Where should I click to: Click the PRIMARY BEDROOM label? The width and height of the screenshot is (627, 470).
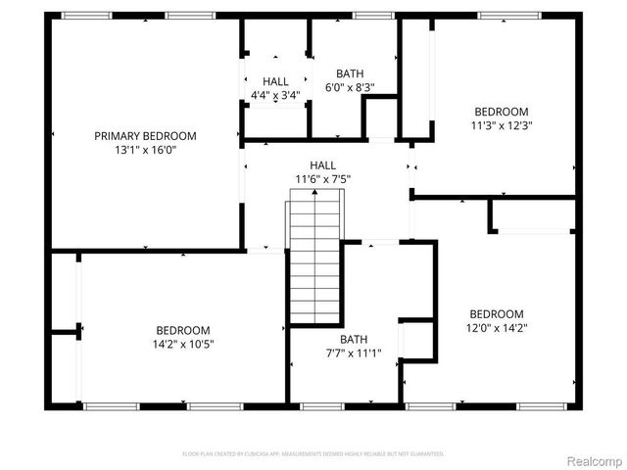pos(144,136)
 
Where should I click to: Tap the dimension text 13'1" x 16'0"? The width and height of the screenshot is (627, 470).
pos(144,150)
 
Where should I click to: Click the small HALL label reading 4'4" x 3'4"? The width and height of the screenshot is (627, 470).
pos(275,81)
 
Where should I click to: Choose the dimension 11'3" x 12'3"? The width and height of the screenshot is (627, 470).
pos(501,125)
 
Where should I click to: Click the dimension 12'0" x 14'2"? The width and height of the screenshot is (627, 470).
pos(495,328)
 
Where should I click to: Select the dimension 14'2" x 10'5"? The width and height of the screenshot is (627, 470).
pos(183,344)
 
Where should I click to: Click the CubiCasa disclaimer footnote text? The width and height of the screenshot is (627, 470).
pos(313,454)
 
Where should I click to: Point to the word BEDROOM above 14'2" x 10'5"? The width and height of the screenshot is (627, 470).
pos(183,330)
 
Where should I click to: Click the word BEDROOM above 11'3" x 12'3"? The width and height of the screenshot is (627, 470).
pos(501,112)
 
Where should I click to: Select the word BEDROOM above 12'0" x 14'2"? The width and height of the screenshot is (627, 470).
pos(495,314)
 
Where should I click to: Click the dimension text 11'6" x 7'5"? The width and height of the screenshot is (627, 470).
pos(322,179)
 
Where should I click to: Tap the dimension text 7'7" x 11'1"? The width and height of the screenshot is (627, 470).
pos(354,353)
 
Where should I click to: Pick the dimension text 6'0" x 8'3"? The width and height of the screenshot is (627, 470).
pos(350,87)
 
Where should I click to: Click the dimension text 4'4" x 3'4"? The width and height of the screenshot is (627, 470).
pos(275,95)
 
